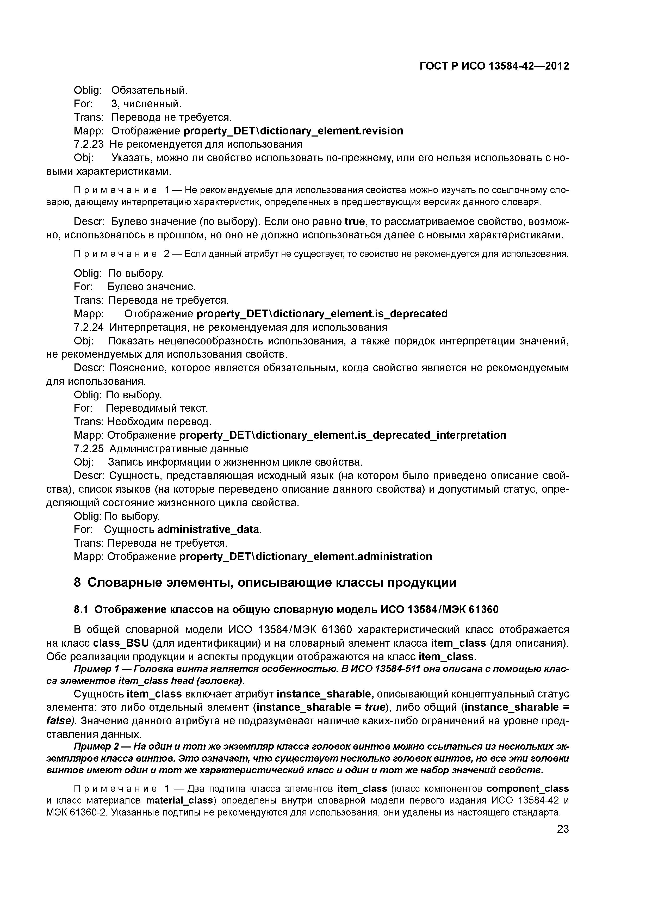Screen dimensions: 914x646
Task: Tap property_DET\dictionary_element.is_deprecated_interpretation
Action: pos(343,435)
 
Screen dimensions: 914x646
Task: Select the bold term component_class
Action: pos(527,789)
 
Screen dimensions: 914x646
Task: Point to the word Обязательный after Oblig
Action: pos(149,90)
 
